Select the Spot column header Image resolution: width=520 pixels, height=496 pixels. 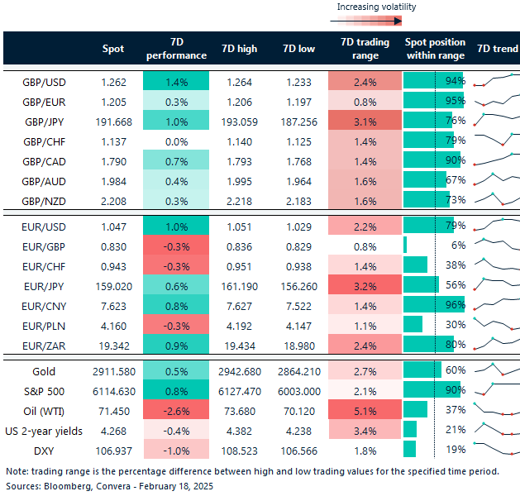[112, 49]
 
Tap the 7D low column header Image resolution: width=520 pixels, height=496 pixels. [298, 49]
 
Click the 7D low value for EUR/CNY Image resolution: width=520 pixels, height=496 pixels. [298, 304]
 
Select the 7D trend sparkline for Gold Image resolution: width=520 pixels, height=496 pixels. [498, 372]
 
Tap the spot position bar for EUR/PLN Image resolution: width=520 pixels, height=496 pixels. [413, 324]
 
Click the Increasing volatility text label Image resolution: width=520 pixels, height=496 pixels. [376, 7]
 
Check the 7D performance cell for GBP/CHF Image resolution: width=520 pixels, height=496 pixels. [176, 141]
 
